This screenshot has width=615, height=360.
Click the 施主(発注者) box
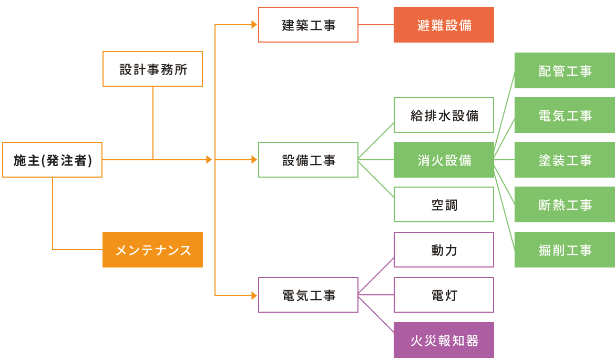[x=52, y=160]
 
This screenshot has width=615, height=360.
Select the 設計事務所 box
[x=152, y=69]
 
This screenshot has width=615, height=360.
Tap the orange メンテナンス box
[x=152, y=250]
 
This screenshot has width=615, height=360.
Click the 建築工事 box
[x=308, y=25]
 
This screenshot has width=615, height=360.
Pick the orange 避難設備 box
[x=444, y=25]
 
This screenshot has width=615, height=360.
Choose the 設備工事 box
[x=308, y=160]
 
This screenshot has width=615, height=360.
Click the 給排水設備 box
[x=444, y=115]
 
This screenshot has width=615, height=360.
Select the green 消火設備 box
[x=444, y=160]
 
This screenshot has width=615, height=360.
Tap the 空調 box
[x=444, y=204]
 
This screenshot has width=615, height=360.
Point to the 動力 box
[x=444, y=250]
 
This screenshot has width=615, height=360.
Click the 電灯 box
[x=444, y=295]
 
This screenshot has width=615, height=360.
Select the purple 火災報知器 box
[x=444, y=340]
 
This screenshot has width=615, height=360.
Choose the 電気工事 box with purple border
[x=308, y=295]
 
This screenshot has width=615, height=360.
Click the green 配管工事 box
[x=565, y=70]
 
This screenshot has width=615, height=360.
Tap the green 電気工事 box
[x=565, y=115]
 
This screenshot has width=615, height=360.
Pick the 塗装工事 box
[x=565, y=160]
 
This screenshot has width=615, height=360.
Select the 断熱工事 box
[x=565, y=204]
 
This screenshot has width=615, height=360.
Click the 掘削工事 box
[x=565, y=250]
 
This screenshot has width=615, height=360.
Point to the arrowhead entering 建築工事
[x=254, y=25]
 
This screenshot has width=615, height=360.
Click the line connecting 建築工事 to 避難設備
[x=376, y=25]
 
